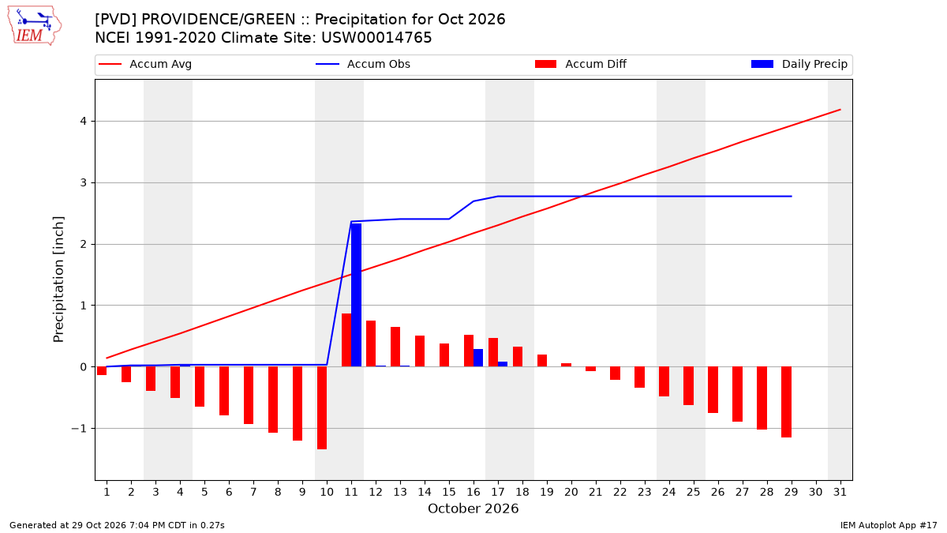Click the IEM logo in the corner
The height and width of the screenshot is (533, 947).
[35, 26]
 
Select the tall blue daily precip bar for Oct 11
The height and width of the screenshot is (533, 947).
[357, 295]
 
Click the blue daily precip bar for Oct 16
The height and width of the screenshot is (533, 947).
[478, 358]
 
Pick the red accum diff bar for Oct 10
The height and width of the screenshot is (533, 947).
[322, 407]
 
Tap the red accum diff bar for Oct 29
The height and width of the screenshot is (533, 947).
[786, 402]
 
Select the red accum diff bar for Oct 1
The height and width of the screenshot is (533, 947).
[102, 371]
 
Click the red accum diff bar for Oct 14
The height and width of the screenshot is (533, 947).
[420, 351]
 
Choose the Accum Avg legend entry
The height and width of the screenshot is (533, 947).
[145, 64]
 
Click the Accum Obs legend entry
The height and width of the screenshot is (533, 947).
[363, 64]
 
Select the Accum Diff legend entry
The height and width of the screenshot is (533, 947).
[581, 64]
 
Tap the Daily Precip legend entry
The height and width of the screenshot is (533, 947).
[799, 64]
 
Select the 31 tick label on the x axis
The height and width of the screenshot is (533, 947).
[840, 492]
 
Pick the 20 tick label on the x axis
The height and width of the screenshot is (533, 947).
[571, 492]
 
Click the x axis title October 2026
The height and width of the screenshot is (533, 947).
[473, 509]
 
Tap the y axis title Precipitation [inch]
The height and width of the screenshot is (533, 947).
[58, 280]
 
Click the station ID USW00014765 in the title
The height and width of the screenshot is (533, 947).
[376, 38]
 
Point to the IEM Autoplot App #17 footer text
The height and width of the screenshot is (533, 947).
[889, 525]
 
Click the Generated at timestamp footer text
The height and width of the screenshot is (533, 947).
[117, 525]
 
